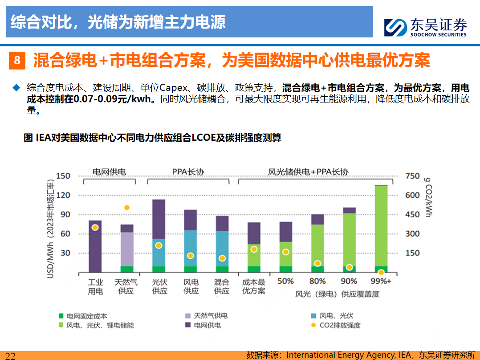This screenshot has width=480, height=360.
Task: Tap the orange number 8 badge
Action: point(17,60)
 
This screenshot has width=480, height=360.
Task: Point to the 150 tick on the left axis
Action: point(63,176)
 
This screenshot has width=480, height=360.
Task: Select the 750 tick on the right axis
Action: point(413,176)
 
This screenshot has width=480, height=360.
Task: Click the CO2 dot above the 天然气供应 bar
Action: point(127,208)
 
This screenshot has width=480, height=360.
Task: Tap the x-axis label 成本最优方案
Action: point(254,286)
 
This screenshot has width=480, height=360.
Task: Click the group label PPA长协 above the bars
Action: point(187,172)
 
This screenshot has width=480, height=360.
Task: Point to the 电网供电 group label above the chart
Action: point(109,172)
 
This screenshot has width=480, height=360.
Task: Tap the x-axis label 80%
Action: point(317,282)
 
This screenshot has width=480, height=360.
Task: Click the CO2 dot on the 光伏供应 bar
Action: point(159,245)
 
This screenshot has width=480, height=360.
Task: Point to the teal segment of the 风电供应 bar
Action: point(191,248)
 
